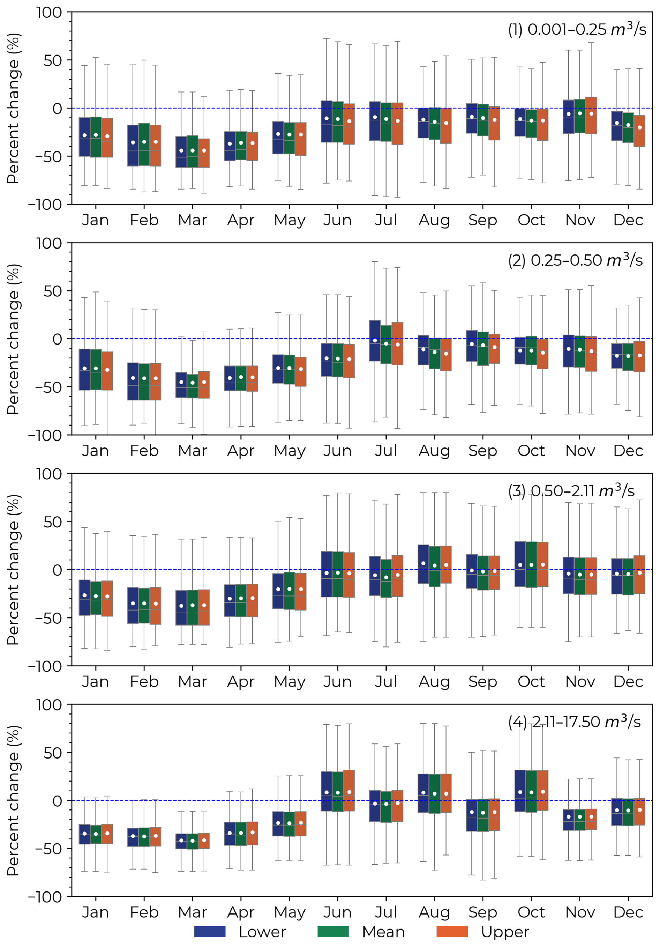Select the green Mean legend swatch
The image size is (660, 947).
pyautogui.click(x=333, y=931)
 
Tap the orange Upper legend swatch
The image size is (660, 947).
pyautogui.click(x=452, y=931)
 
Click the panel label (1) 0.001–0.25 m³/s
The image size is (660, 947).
pyautogui.click(x=577, y=29)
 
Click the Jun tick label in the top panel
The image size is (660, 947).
pyautogui.click(x=337, y=220)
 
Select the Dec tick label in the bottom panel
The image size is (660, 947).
pyautogui.click(x=628, y=912)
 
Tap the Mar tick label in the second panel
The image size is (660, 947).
pyautogui.click(x=192, y=450)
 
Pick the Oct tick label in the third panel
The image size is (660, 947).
pyautogui.click(x=531, y=681)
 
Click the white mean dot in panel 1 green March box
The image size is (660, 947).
pyautogui.click(x=193, y=150)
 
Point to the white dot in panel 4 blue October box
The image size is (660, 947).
pyautogui.click(x=520, y=792)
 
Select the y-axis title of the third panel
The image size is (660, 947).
pyautogui.click(x=13, y=570)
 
